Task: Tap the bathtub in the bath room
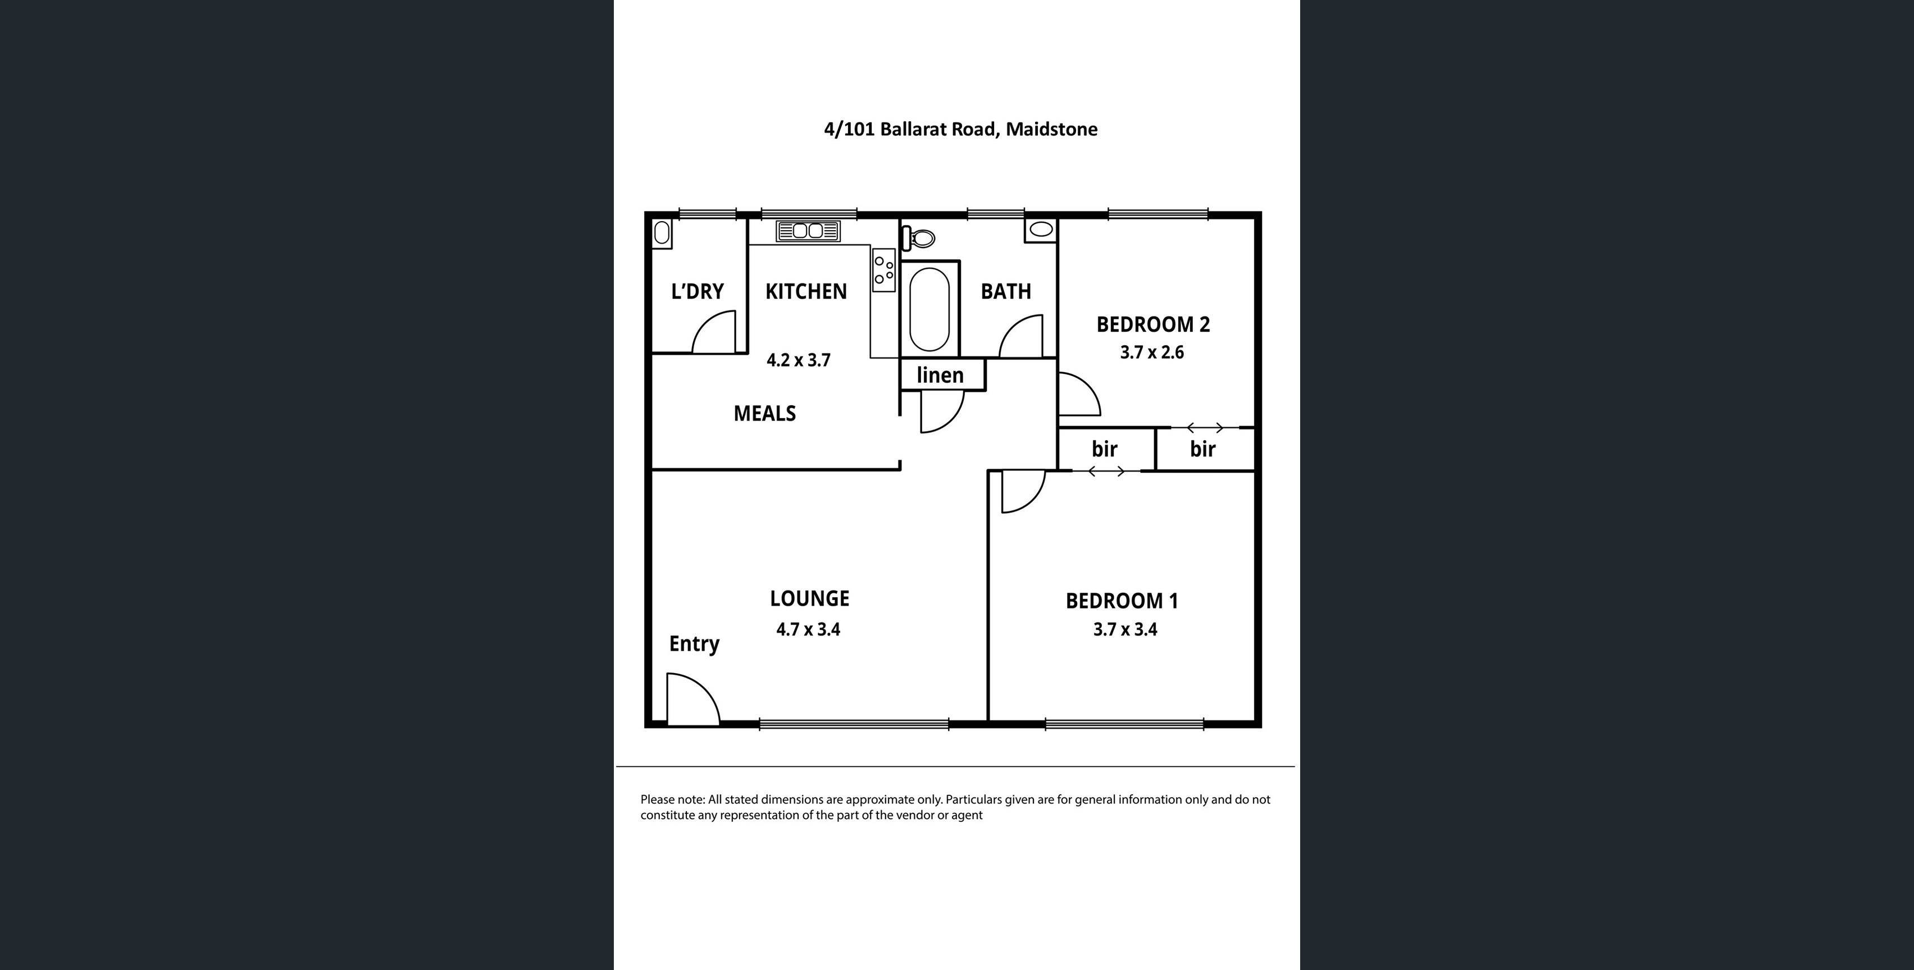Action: (929, 309)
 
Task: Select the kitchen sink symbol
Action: (808, 231)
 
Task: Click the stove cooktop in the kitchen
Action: (883, 269)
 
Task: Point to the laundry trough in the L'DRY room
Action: (661, 233)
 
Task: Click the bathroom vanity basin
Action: (1041, 230)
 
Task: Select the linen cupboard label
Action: (940, 375)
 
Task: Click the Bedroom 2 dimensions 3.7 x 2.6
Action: (1152, 352)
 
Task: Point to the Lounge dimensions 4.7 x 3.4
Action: (808, 630)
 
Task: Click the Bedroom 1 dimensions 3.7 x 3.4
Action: (1125, 630)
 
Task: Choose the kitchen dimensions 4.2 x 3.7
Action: (798, 360)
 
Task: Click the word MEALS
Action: (764, 414)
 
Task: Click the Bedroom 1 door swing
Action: (1020, 490)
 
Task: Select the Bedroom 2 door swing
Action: (1077, 396)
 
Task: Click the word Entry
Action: (694, 644)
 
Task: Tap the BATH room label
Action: (1005, 291)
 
